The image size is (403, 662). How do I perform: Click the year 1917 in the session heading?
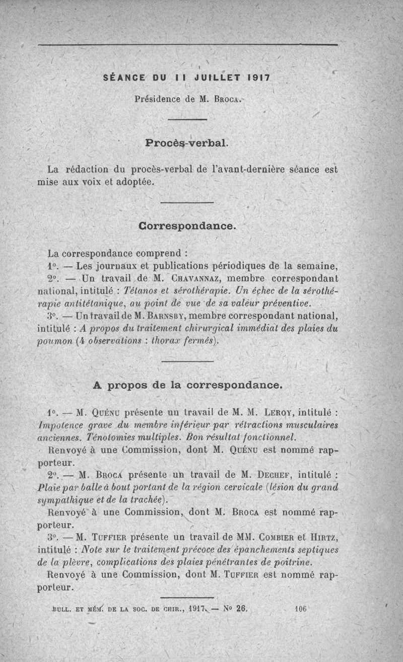[x=259, y=78]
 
